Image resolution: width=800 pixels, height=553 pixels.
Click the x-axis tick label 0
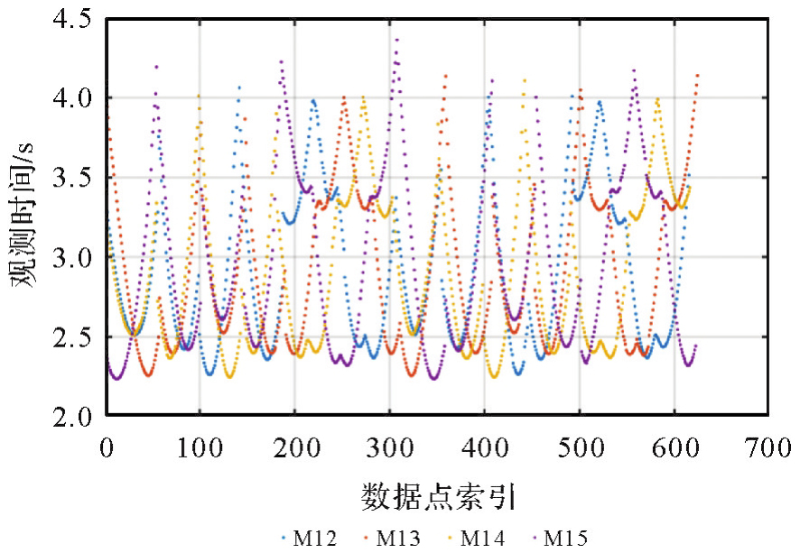(107, 446)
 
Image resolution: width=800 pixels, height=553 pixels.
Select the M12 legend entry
(308, 539)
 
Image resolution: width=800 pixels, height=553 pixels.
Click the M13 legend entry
(393, 539)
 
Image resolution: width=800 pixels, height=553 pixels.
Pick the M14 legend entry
(478, 539)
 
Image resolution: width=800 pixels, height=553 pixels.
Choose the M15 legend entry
(563, 539)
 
